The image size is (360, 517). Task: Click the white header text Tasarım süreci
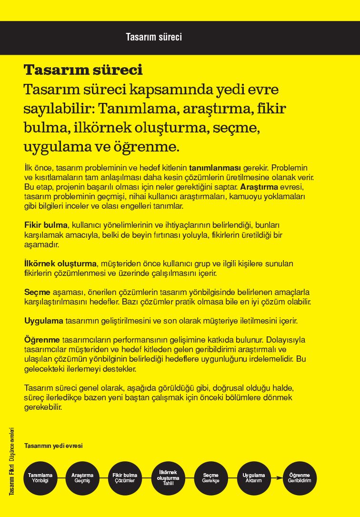click(x=154, y=37)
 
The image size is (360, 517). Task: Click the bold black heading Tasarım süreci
click(x=83, y=70)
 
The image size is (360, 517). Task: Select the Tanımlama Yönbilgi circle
click(x=40, y=478)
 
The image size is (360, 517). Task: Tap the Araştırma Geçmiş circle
click(x=82, y=478)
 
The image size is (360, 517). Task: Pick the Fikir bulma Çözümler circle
click(x=125, y=478)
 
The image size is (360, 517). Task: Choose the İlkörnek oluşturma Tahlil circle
click(x=168, y=478)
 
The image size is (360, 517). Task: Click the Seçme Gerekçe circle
click(x=210, y=478)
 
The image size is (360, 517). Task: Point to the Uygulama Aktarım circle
click(x=254, y=478)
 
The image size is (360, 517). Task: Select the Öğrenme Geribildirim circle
click(x=300, y=478)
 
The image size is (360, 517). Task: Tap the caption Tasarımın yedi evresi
click(x=53, y=446)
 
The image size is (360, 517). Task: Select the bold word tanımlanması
click(x=215, y=168)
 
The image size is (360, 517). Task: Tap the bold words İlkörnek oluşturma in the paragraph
click(x=60, y=264)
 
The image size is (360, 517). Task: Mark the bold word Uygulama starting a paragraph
click(x=44, y=321)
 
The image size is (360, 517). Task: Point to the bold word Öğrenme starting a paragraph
click(x=42, y=340)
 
